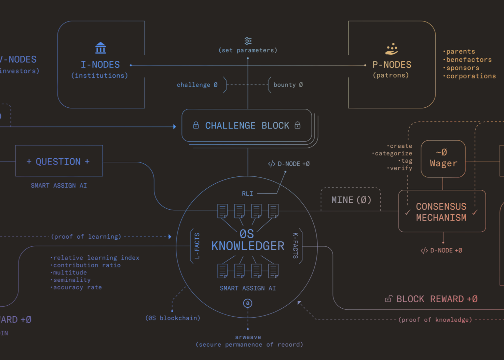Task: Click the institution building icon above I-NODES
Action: [x=100, y=48]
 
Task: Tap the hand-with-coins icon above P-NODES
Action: [x=392, y=49]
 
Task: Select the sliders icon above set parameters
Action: [x=248, y=41]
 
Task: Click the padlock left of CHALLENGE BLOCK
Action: [x=196, y=125]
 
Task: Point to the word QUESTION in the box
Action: [x=58, y=161]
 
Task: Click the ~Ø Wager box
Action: [x=443, y=159]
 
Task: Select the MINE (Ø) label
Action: [x=351, y=200]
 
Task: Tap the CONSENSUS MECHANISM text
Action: [x=441, y=212]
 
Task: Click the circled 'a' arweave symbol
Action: [x=248, y=303]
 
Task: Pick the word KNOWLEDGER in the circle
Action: [x=248, y=246]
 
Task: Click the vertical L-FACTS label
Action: [x=197, y=246]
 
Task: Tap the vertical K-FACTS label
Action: [x=296, y=245]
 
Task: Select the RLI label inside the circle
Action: [x=247, y=194]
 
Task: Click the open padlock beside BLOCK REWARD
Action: [x=388, y=299]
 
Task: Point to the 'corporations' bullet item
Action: [x=471, y=76]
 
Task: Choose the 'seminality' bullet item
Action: [x=72, y=280]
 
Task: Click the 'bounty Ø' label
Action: [x=288, y=85]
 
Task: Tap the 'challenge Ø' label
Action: [x=197, y=85]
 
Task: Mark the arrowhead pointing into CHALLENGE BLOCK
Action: [x=174, y=127]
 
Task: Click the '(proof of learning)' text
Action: [x=86, y=237]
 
